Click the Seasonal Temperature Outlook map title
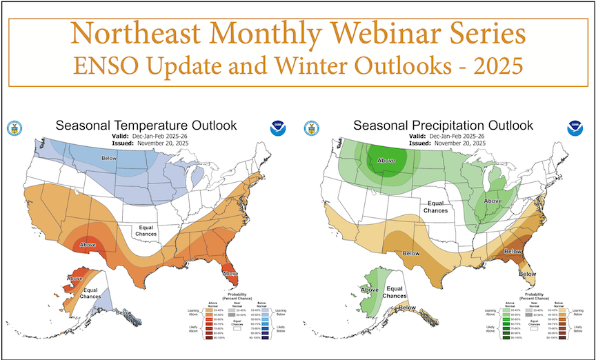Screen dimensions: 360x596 [146, 126]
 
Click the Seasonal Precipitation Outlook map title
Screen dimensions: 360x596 [443, 126]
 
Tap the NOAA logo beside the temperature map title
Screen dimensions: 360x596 [277, 128]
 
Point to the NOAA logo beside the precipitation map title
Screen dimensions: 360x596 [574, 128]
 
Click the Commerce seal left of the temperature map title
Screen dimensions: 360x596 [14, 128]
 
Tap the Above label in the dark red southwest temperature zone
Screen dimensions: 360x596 [88, 244]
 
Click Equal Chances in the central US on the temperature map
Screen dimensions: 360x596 [151, 230]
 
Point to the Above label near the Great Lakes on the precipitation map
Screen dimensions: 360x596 [492, 201]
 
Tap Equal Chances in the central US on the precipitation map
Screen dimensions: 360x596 [435, 207]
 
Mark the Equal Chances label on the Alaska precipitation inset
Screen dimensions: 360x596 [395, 292]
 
